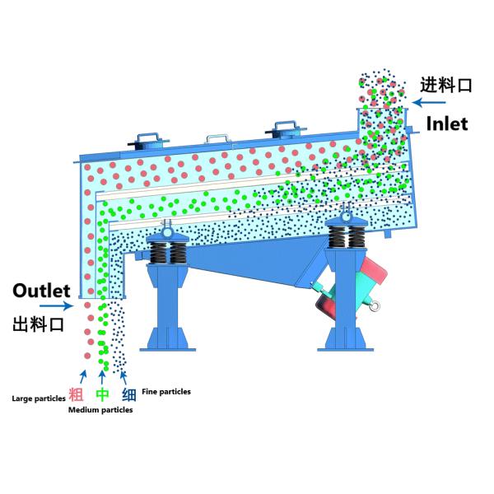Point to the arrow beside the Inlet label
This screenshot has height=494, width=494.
(429, 103)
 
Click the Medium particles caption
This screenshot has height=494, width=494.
(100, 409)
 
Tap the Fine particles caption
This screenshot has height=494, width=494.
(166, 392)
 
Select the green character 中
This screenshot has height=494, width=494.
(103, 394)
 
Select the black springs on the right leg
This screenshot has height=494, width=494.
(345, 237)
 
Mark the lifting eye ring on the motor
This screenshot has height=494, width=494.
(375, 309)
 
